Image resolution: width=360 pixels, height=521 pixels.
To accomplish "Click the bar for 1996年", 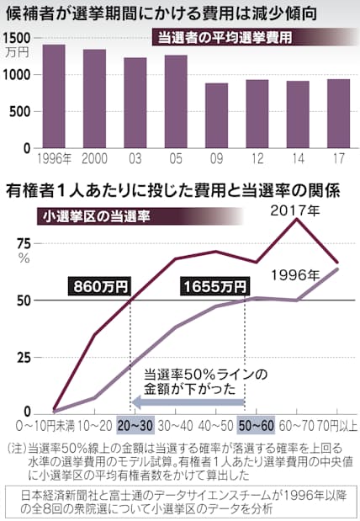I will [x=54, y=95].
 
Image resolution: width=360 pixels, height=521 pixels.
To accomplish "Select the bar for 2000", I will [x=94, y=98].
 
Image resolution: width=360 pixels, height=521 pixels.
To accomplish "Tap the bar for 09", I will [x=216, y=114].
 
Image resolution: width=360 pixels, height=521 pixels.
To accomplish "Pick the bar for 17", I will [x=338, y=113].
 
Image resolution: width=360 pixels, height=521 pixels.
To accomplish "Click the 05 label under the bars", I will [x=176, y=157].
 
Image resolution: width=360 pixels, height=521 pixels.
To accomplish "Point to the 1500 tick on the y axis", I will [x=19, y=38].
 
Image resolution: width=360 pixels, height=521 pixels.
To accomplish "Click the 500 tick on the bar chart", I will [x=22, y=111].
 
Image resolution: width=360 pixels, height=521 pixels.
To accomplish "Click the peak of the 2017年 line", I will [x=296, y=220].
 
